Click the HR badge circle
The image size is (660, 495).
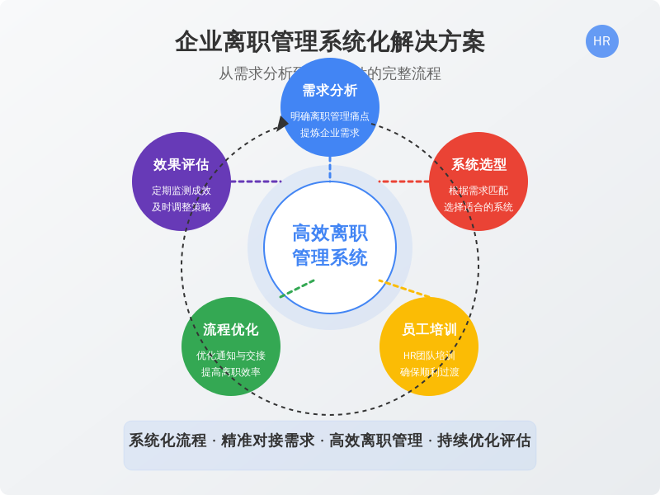(x=601, y=41)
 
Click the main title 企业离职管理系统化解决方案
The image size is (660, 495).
(x=330, y=41)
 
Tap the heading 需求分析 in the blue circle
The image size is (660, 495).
(x=330, y=91)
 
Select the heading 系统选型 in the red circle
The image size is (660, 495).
(x=478, y=164)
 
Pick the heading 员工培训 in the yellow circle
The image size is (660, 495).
(x=429, y=330)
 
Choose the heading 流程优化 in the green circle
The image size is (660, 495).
(x=231, y=330)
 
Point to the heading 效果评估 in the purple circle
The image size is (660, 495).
(x=181, y=164)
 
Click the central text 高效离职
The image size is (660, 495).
(x=330, y=233)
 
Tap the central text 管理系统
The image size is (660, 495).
(x=330, y=258)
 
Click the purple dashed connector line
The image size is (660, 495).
(x=256, y=181)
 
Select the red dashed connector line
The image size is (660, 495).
(x=404, y=181)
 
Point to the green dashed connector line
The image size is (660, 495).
(x=297, y=289)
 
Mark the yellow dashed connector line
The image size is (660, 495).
(x=404, y=289)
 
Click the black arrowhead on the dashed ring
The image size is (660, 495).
(x=282, y=124)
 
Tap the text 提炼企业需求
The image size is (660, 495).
(x=330, y=133)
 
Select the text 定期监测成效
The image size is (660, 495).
(x=181, y=191)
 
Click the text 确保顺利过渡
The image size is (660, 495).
(x=429, y=372)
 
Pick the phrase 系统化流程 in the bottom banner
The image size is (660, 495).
(x=167, y=441)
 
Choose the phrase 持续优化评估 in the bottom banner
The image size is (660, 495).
(x=483, y=441)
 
